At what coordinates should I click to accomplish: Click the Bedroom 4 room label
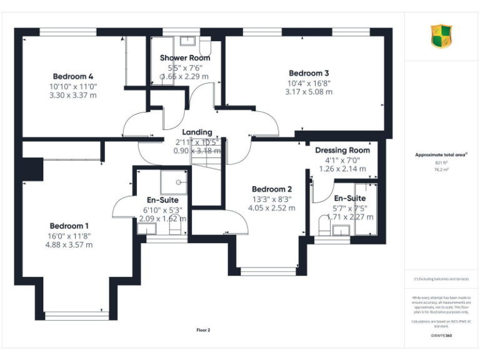coord(73,77)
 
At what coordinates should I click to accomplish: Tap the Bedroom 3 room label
coord(309,73)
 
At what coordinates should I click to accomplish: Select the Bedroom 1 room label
coord(70,226)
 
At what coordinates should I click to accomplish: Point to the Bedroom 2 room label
coord(272,189)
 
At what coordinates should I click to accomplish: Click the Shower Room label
coord(185,58)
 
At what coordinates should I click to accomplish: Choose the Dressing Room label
coord(342,151)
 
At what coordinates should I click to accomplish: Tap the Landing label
coord(197,132)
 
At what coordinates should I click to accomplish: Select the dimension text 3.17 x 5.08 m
coord(309,92)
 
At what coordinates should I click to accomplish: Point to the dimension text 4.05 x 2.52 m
coord(272,208)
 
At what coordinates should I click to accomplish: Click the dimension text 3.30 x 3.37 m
coord(73,96)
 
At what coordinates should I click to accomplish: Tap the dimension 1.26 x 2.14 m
coord(342,169)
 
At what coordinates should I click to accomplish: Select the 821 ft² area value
coord(441,162)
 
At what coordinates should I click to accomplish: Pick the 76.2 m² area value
coord(441,169)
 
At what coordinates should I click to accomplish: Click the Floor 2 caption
coord(203,330)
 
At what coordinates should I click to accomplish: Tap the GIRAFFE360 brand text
coord(441,336)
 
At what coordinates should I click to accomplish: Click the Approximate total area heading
coord(441,154)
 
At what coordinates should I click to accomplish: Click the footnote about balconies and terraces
coord(441,279)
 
